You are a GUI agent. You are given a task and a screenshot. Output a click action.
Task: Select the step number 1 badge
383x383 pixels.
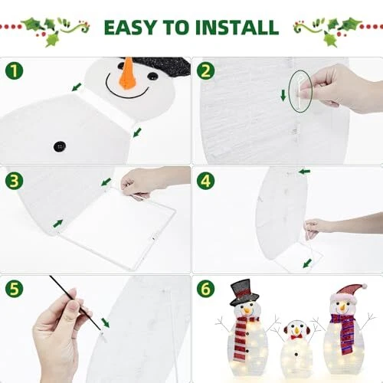pyautogui.click(x=15, y=70)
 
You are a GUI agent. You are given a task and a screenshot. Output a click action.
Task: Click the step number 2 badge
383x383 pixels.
pyautogui.click(x=206, y=70)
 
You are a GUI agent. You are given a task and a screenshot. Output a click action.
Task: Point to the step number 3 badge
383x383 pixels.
pyautogui.click(x=15, y=181)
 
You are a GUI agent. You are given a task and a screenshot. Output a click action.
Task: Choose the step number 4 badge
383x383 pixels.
pyautogui.click(x=206, y=181)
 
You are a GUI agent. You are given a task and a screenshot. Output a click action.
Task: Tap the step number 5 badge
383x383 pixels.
pyautogui.click(x=15, y=289)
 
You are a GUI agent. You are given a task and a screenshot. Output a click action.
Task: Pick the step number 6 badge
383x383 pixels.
pyautogui.click(x=206, y=289)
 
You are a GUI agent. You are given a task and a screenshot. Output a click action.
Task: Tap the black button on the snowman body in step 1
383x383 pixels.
pyautogui.click(x=60, y=146)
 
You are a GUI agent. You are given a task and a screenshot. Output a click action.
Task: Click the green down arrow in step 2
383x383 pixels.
pyautogui.click(x=283, y=95)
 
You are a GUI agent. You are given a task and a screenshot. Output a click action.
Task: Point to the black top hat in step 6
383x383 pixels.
pyautogui.click(x=244, y=292)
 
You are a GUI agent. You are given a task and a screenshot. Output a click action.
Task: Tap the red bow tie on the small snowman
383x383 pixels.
pyautogui.click(x=296, y=337)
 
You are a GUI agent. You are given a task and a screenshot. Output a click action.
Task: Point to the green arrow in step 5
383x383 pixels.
pyautogui.click(x=105, y=323)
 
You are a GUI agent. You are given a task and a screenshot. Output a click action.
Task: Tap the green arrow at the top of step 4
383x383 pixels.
pyautogui.click(x=304, y=172)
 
